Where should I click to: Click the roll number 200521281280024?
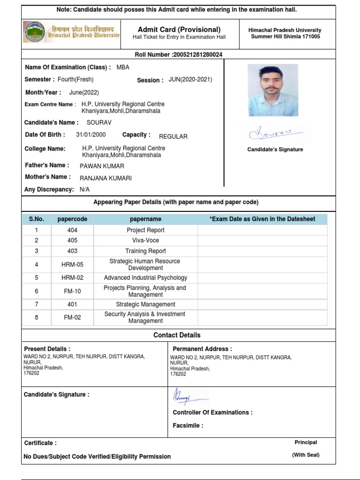197,55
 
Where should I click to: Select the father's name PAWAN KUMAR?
102,166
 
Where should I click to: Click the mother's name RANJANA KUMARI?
105,178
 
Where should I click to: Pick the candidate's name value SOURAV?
99,123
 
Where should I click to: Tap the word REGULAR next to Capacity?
173,136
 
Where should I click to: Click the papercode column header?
72,219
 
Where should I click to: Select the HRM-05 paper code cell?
72,264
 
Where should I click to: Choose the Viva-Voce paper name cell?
145,240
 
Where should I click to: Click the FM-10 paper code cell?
72,291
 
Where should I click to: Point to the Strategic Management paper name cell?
145,304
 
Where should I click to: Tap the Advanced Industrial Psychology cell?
145,277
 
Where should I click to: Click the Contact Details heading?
177,335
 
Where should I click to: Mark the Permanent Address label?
202,349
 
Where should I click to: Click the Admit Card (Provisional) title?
179,30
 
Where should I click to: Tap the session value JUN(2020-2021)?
190,80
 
